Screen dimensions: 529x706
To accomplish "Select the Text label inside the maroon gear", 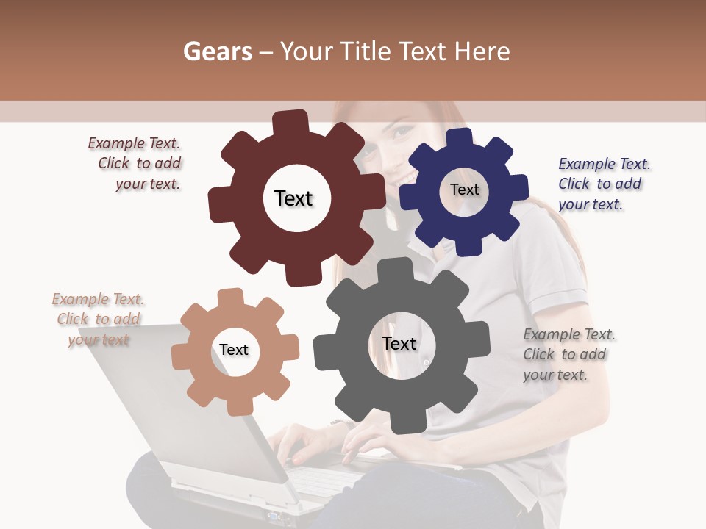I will tap(293, 198).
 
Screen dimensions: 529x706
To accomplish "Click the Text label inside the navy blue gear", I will tap(464, 190).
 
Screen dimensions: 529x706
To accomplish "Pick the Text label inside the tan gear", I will tap(234, 350).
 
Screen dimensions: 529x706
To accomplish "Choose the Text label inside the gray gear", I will tap(399, 343).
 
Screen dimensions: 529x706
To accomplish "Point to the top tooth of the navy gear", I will tap(459, 139).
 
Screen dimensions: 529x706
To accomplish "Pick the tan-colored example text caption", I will tap(99, 319).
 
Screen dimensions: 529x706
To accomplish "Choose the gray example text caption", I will tap(568, 354).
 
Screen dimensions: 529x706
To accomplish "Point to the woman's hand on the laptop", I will tap(368, 441).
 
